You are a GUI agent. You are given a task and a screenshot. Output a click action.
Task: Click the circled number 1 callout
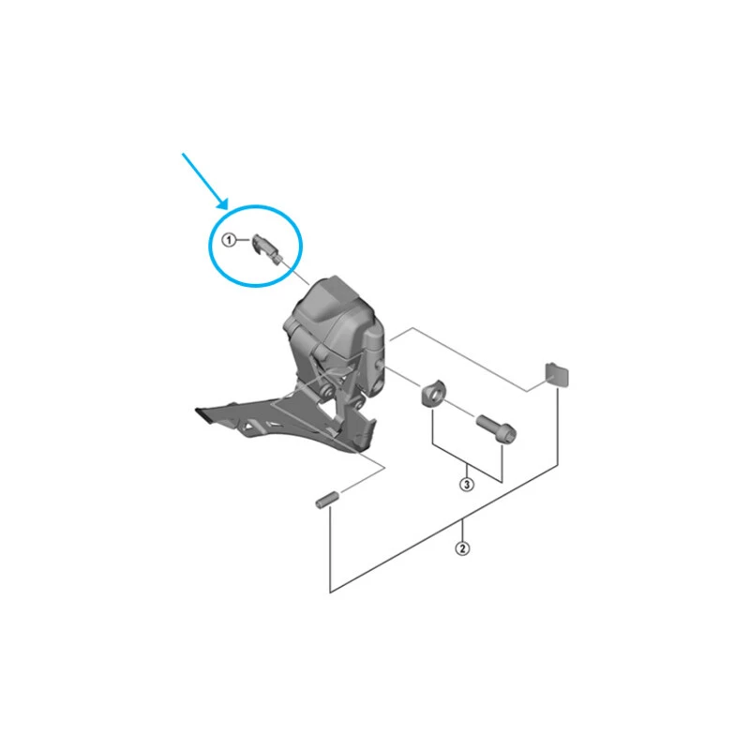click(x=229, y=241)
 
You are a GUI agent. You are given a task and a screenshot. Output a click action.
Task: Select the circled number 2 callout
click(x=462, y=548)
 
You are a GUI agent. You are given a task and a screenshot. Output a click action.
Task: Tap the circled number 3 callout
click(x=466, y=484)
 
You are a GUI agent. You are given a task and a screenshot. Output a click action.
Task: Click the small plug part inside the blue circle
click(x=267, y=248)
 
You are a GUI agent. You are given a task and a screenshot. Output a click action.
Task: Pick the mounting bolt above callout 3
click(x=493, y=427)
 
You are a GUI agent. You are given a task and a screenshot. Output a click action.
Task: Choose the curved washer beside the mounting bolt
click(x=433, y=393)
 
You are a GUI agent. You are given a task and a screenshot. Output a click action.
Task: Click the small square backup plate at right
click(x=558, y=373)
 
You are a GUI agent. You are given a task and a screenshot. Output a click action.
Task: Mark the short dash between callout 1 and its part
click(x=244, y=241)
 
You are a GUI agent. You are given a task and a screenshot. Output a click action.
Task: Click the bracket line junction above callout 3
click(x=466, y=466)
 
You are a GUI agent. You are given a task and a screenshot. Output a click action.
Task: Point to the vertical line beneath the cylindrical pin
click(x=329, y=548)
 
